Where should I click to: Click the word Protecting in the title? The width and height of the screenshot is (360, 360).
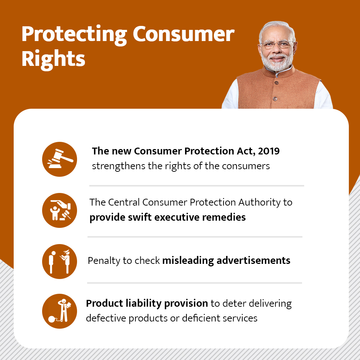coord(74,35)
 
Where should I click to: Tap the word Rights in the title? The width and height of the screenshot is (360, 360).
coord(53,59)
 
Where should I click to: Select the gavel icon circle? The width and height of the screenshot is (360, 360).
coord(59,159)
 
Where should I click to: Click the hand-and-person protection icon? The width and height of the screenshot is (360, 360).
coord(59,210)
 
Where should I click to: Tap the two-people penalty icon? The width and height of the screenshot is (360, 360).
coord(59,261)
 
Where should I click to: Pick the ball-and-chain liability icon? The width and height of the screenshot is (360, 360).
coord(59,311)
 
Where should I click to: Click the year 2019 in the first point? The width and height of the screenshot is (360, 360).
coord(269,151)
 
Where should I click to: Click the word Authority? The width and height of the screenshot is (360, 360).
coord(260,203)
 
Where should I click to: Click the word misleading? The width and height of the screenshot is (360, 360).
coord(188,261)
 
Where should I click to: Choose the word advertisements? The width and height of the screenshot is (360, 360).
coord(253,261)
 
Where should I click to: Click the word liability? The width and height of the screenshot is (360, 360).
coord(144,303)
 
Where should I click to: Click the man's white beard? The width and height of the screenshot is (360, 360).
coord(278,62)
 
